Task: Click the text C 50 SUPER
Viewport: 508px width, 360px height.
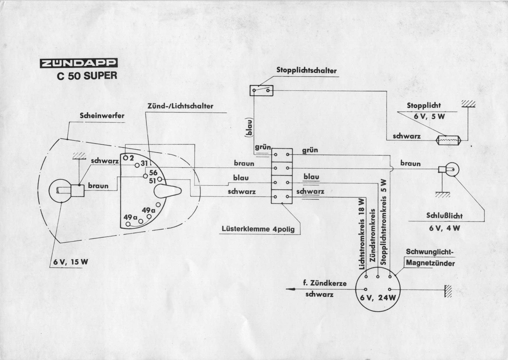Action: [87, 76]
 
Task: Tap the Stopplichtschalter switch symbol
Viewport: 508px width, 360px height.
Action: [261, 91]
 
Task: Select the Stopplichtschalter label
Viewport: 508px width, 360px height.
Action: [306, 70]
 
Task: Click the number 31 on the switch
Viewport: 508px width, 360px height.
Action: [145, 164]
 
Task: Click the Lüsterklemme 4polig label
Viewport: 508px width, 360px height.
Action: [258, 229]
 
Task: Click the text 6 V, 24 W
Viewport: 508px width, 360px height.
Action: [378, 298]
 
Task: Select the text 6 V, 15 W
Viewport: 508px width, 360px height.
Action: [71, 262]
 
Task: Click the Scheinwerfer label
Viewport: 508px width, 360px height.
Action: [102, 116]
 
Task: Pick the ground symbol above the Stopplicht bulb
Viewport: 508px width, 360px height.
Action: [468, 104]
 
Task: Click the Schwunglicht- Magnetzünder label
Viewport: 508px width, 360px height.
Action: [430, 258]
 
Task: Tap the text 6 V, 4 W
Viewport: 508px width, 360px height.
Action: [445, 228]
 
